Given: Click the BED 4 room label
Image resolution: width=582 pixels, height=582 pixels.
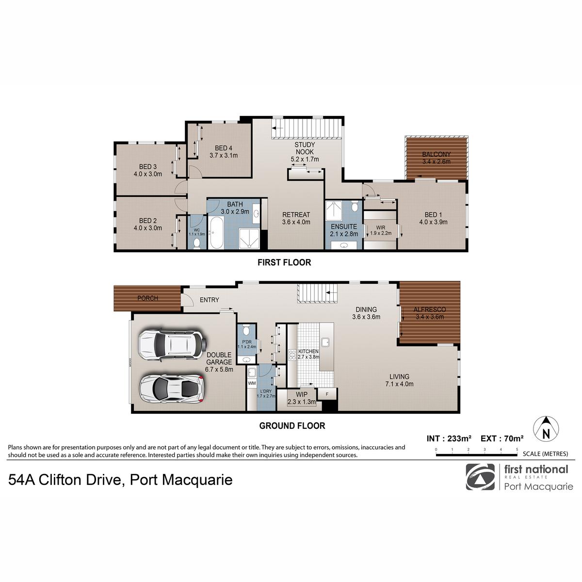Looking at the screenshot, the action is tap(224, 148).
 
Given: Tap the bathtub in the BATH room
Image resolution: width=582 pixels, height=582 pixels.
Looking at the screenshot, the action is tap(216, 233).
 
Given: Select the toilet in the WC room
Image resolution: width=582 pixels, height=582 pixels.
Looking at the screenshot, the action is tap(196, 243).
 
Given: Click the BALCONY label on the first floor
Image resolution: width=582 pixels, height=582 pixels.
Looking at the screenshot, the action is tap(436, 154).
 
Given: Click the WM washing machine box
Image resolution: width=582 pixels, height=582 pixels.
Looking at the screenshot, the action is tap(252, 383).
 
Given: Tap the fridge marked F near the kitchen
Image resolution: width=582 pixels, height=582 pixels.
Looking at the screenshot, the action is tap(327, 394).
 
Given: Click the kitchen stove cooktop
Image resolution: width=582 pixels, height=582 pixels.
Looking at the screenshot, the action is tap(292, 355).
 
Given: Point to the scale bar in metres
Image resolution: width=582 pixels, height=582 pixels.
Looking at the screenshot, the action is tap(477, 454).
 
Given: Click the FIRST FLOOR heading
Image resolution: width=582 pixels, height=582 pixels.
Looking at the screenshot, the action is tap(284, 262).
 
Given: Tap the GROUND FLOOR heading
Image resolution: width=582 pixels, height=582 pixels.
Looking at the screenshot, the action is tap(292, 426).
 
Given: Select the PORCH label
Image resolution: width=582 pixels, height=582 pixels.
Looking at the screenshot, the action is tap(148, 298).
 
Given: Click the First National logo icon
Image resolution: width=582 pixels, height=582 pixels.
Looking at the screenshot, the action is tap(480, 477).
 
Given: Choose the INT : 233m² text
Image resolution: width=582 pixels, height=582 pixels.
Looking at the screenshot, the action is tap(449, 438).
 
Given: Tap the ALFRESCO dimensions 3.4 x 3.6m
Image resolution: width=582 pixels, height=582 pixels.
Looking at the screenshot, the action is tap(430, 317).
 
